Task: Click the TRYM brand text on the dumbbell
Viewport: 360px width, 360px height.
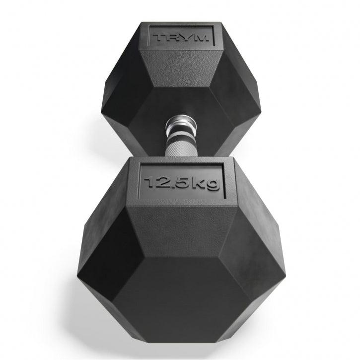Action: pos(181,38)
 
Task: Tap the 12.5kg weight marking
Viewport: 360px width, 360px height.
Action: pos(180,182)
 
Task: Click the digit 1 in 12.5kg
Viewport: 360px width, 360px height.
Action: pos(149,182)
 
